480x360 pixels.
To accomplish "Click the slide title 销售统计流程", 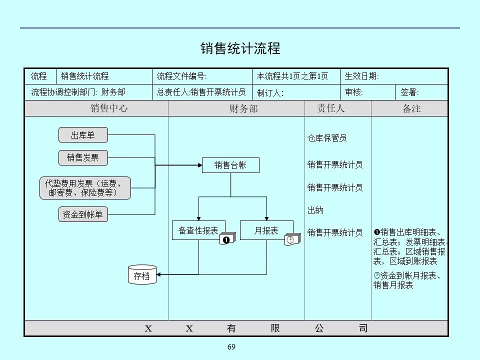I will pyautogui.click(x=240, y=48).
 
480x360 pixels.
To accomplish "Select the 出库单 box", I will pyautogui.click(x=83, y=135).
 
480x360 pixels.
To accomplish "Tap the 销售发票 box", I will pyautogui.click(x=83, y=158).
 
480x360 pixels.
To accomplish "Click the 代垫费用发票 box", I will pyautogui.click(x=85, y=188).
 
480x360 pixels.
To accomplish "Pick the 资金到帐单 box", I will pyautogui.click(x=83, y=214).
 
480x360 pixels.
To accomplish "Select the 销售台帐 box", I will pyautogui.click(x=230, y=165).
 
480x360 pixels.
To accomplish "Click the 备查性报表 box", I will pyautogui.click(x=198, y=230).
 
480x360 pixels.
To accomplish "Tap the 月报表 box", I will pyautogui.click(x=266, y=230).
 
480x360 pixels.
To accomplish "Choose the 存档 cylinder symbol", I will pyautogui.click(x=142, y=275).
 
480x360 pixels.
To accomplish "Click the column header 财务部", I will pyautogui.click(x=243, y=108).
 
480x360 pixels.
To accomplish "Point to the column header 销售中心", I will pyautogui.click(x=109, y=108).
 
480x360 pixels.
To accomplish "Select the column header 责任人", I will pyautogui.click(x=331, y=108).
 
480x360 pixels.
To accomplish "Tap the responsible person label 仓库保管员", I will pyautogui.click(x=327, y=138).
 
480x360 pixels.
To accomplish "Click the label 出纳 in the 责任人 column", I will pyautogui.click(x=315, y=210).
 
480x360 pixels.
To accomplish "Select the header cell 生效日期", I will pyautogui.click(x=362, y=76).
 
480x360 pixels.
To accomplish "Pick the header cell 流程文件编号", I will pyautogui.click(x=181, y=76).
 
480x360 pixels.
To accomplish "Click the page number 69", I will pyautogui.click(x=231, y=347).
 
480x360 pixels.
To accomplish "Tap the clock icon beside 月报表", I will pyautogui.click(x=290, y=240).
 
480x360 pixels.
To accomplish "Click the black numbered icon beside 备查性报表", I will pyautogui.click(x=226, y=240).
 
